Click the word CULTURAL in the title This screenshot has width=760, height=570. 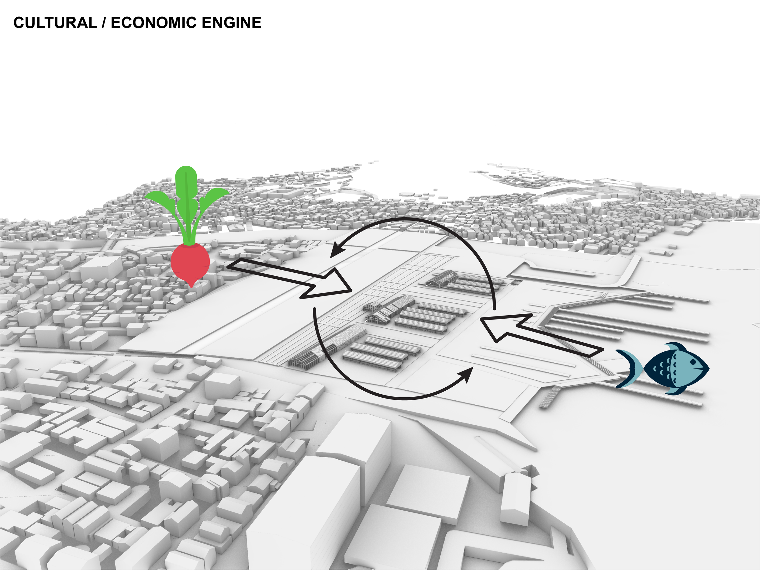pos(55,23)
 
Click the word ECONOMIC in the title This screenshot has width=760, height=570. pos(153,23)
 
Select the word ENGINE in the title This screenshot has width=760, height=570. pos(231,23)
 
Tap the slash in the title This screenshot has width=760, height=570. pos(104,23)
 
